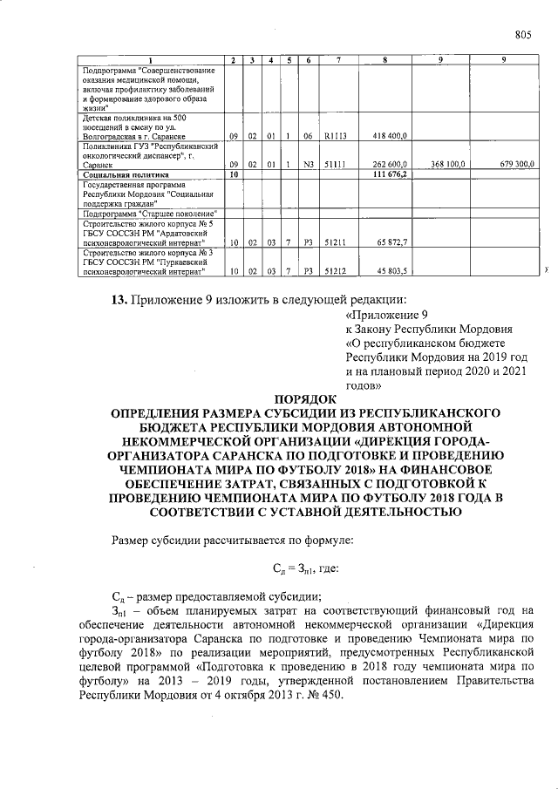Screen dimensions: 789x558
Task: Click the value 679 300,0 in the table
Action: [514, 164]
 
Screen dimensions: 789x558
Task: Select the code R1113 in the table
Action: [335, 136]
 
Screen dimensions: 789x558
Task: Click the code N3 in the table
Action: [308, 164]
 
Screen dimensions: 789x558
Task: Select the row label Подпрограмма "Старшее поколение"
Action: [150, 213]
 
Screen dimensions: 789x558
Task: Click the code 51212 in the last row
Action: [335, 271]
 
